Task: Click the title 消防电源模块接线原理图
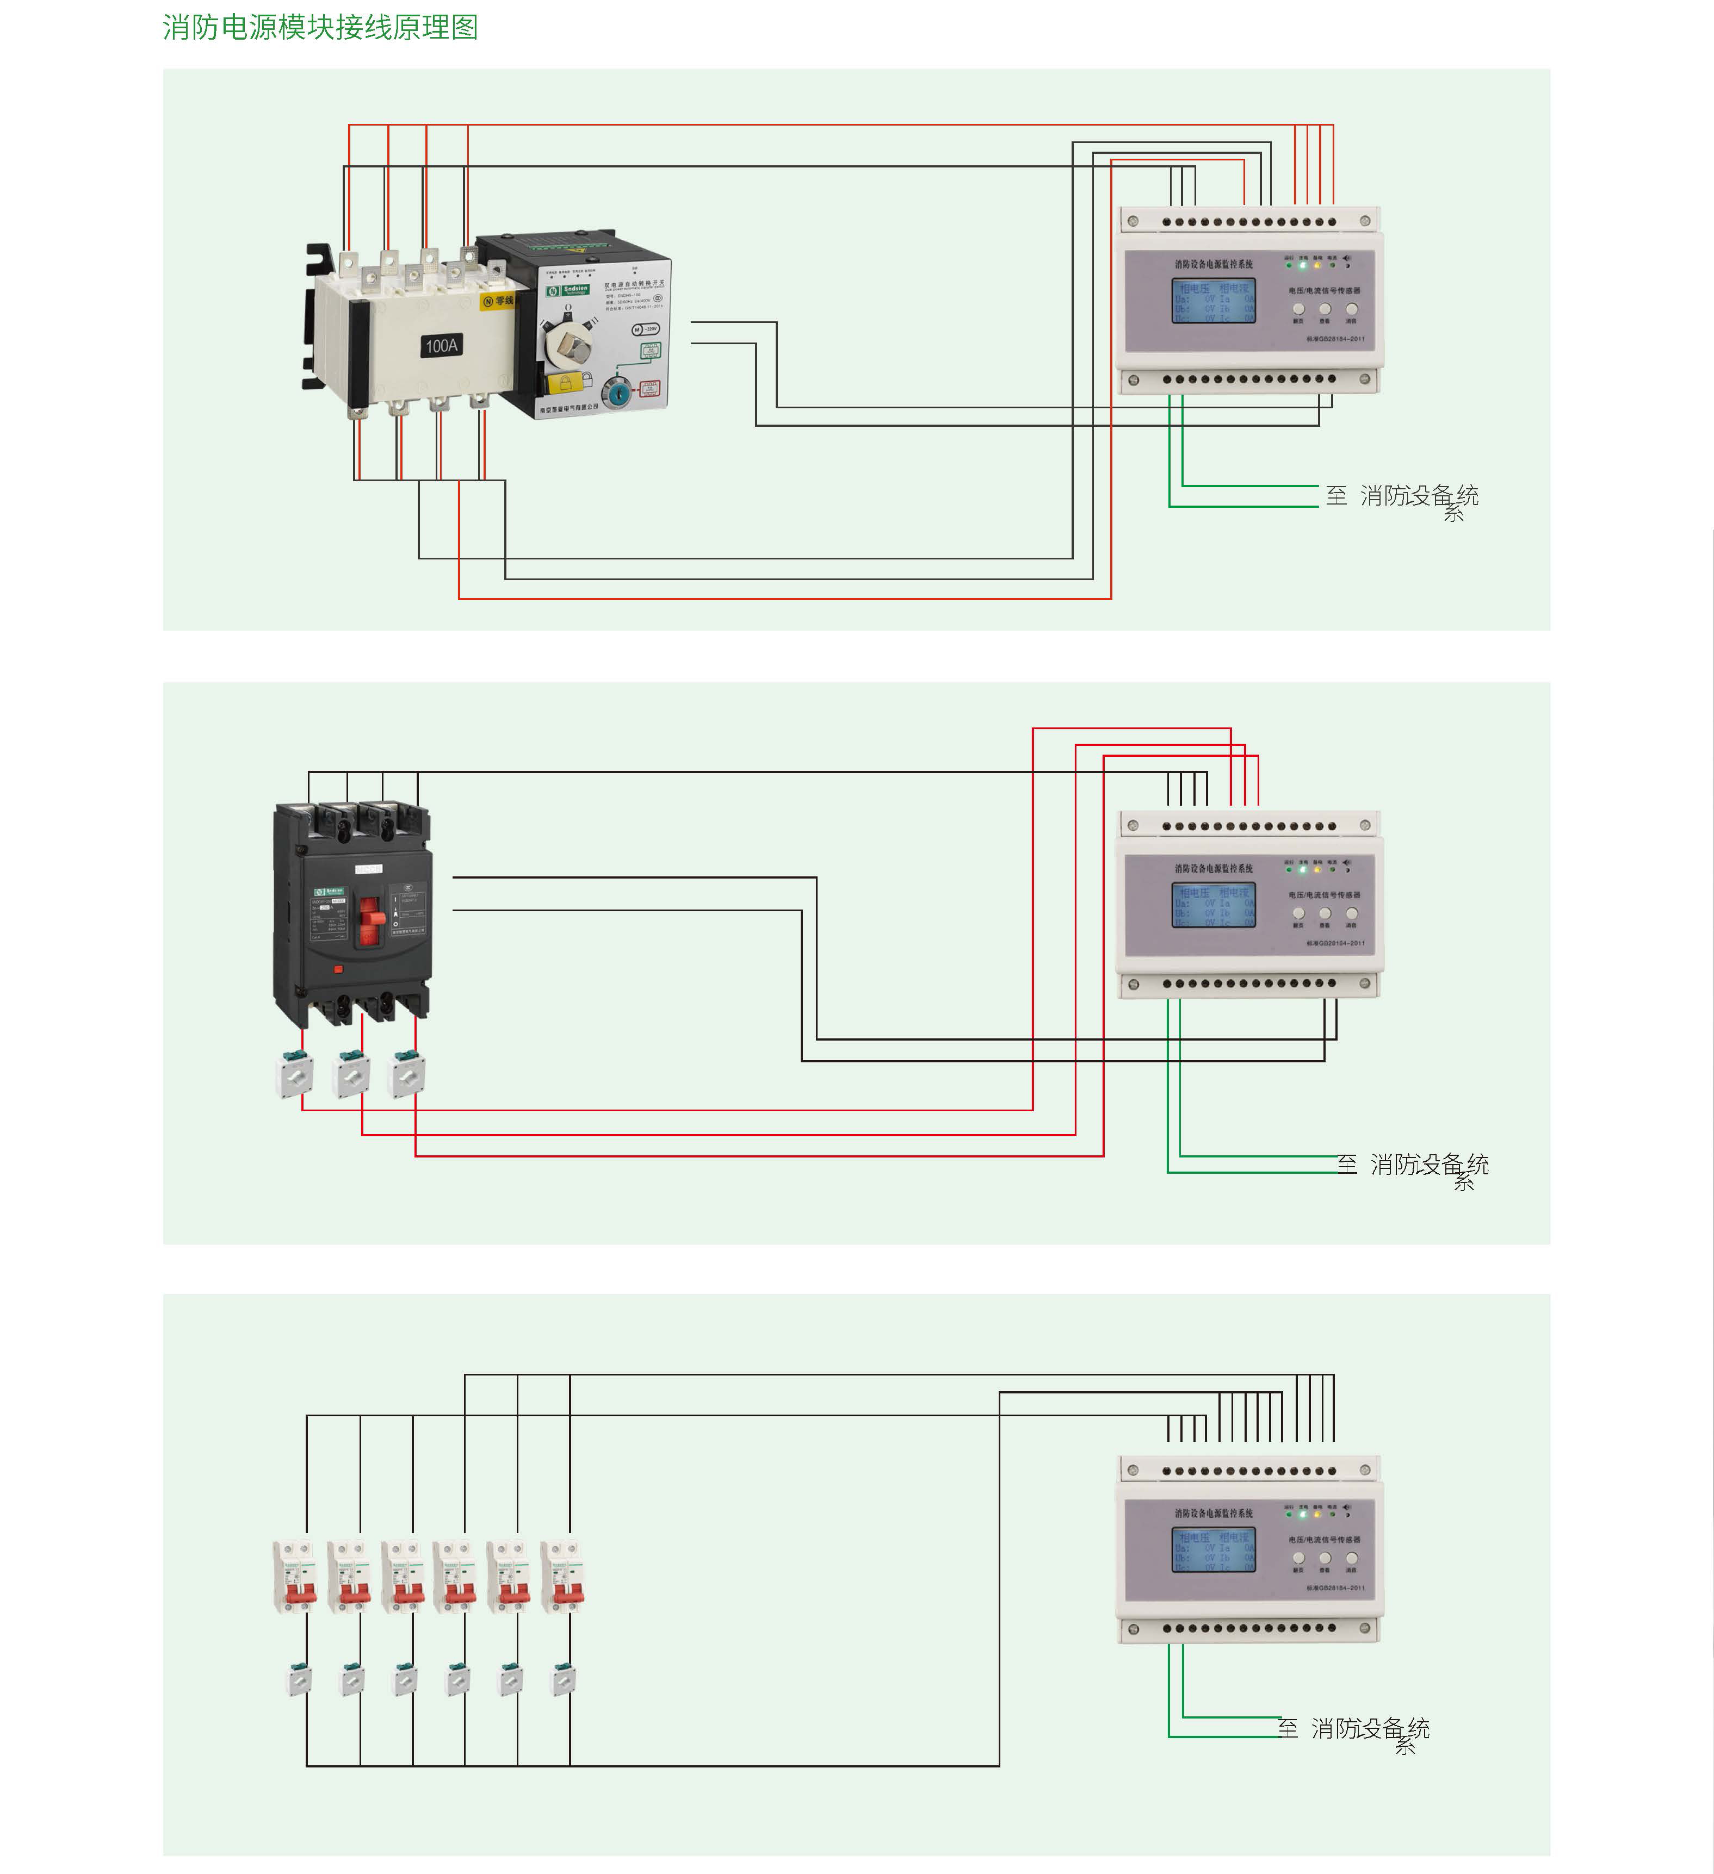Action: tap(320, 27)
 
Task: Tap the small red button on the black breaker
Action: tap(338, 969)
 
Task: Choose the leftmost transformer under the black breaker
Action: tap(296, 1075)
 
